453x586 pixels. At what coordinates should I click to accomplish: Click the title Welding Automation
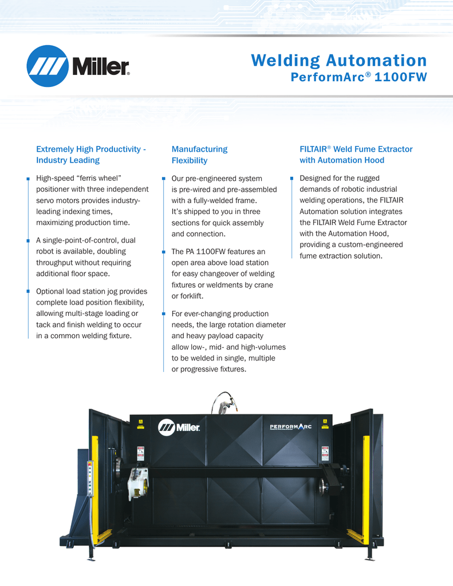339,61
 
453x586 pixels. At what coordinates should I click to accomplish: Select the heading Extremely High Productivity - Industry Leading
90,155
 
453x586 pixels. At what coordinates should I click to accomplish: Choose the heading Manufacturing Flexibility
199,155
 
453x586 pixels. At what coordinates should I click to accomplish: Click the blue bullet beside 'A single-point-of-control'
28,240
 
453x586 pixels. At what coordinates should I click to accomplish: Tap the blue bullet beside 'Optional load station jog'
28,291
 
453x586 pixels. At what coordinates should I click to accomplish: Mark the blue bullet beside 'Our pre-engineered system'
163,179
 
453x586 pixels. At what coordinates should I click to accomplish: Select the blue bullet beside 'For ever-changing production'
163,314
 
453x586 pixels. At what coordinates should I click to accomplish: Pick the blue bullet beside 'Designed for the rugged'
292,179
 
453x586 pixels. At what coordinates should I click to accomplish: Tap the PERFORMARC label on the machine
290,426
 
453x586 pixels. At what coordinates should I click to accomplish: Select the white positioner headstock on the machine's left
138,481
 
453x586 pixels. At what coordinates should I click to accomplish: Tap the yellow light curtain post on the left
95,486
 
